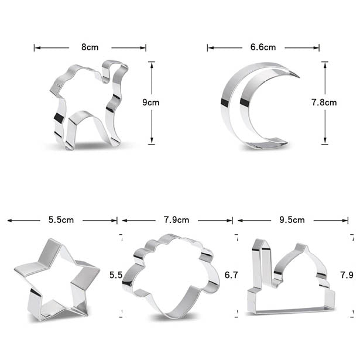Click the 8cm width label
point(90,47)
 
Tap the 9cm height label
point(151,102)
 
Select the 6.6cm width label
point(263,47)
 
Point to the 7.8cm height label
point(324,102)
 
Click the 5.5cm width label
point(61,220)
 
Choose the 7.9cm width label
point(177,220)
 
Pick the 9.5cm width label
point(292,220)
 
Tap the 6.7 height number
point(231,275)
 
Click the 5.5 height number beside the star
point(116,275)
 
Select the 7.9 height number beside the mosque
point(347,275)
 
